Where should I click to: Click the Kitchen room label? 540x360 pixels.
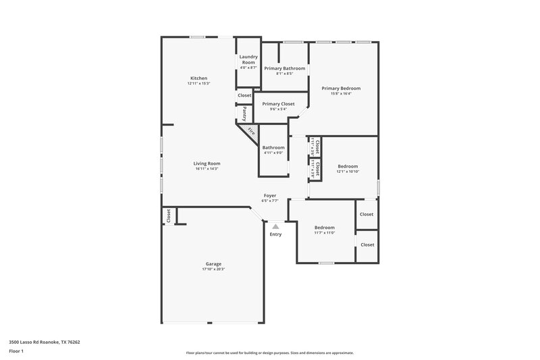point(198,78)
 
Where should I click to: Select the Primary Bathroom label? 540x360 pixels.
point(284,68)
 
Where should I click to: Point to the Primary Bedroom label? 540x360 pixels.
point(341,88)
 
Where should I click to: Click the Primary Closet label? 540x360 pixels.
point(278,104)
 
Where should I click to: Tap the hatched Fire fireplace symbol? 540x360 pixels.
point(249,131)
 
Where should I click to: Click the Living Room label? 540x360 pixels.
point(207,163)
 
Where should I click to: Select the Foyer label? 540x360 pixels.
point(270,196)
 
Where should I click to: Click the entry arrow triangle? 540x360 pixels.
point(275,227)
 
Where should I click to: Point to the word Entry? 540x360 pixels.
point(275,234)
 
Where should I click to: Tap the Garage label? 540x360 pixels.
point(213,264)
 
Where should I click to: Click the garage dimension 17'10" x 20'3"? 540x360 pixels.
point(213,269)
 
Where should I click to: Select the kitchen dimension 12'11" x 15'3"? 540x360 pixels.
point(198,84)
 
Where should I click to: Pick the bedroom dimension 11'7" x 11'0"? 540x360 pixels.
point(325,233)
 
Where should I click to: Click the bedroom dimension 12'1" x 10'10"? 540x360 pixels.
point(348,172)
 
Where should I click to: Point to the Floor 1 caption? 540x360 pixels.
point(16,352)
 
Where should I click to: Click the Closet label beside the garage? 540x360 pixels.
point(168,215)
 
